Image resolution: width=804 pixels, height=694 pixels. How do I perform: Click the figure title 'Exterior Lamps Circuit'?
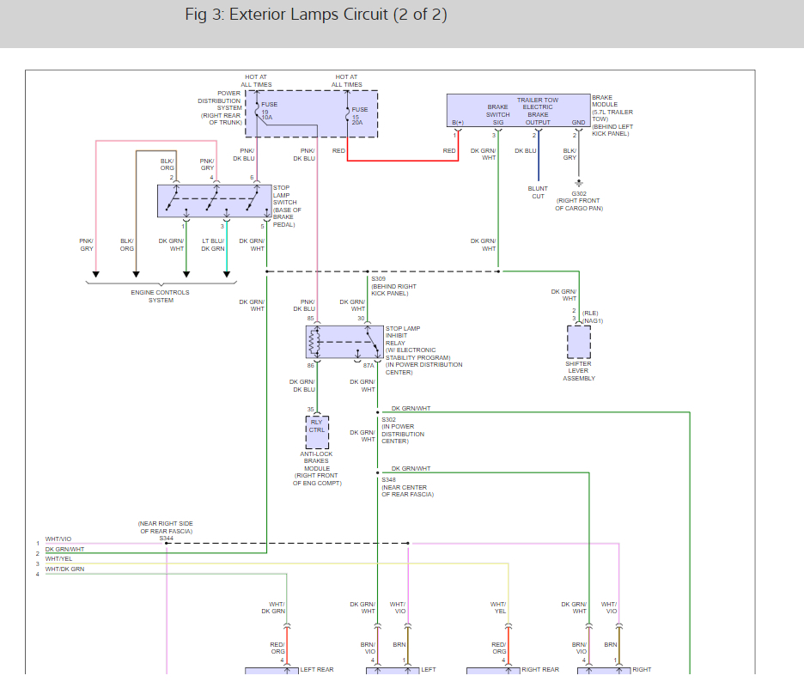click(x=315, y=15)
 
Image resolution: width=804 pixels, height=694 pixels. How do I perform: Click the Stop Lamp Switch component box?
click(x=214, y=200)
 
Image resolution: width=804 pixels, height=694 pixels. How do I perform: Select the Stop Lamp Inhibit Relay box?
click(x=344, y=342)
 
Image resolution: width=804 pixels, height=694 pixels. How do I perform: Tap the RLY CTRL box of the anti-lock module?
click(x=317, y=426)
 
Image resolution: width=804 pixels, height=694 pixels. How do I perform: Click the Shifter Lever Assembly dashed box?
click(x=578, y=342)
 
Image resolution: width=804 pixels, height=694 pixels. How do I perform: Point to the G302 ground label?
click(x=578, y=194)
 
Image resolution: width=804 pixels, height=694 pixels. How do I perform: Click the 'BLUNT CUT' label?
click(x=538, y=192)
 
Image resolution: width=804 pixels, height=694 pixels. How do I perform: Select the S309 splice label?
click(x=378, y=278)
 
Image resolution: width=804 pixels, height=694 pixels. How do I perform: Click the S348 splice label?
click(x=388, y=480)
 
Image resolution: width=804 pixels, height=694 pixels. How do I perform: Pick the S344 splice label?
click(x=166, y=538)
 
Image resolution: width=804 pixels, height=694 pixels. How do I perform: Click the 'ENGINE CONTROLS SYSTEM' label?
click(x=161, y=296)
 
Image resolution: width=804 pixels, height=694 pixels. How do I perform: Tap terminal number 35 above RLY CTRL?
click(x=311, y=410)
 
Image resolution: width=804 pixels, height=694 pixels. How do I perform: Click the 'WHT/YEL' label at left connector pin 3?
click(x=58, y=559)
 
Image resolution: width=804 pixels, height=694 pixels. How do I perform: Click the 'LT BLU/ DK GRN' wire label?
click(x=213, y=245)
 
